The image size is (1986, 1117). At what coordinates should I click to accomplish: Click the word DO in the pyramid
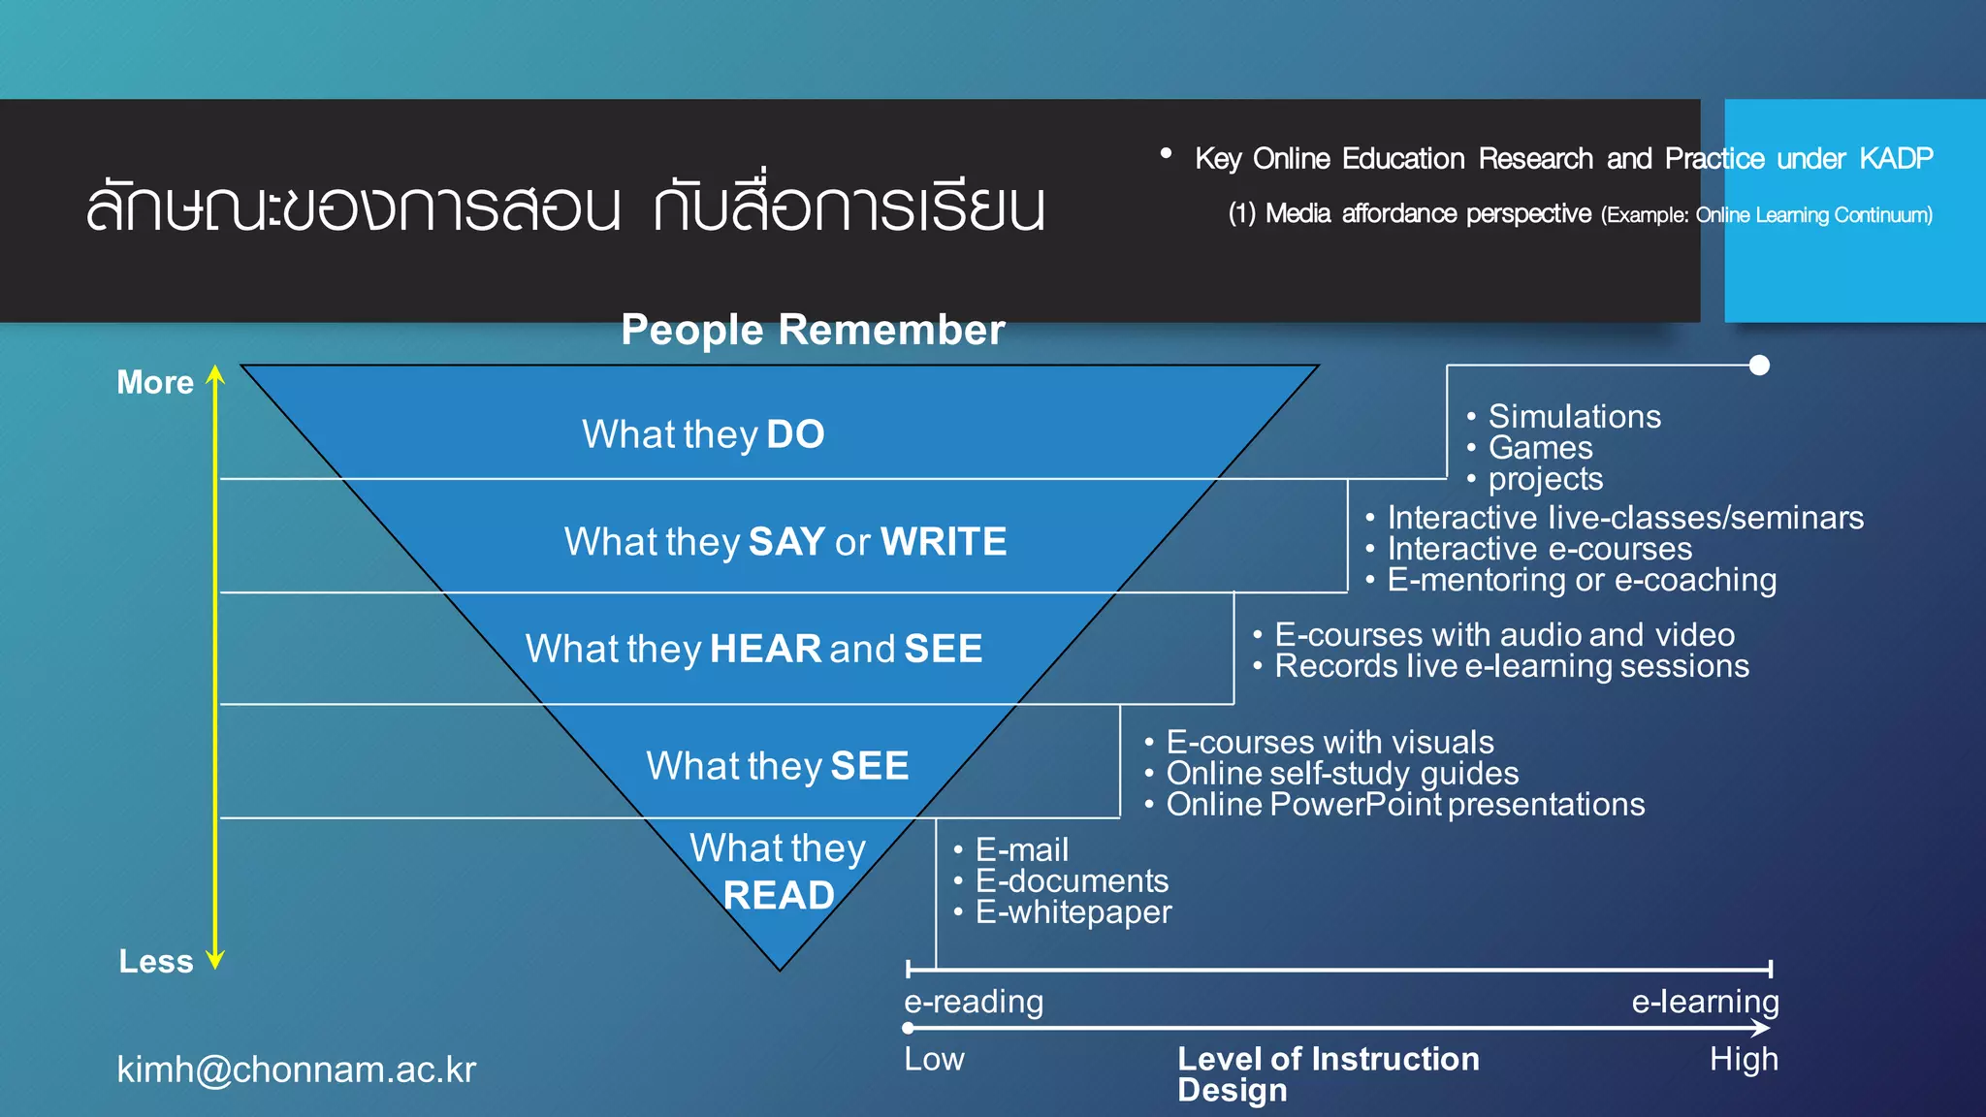click(795, 434)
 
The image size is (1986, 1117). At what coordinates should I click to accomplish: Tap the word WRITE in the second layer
click(944, 542)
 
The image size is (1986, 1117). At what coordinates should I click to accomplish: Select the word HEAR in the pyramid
click(765, 649)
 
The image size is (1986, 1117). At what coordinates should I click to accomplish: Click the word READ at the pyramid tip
click(779, 895)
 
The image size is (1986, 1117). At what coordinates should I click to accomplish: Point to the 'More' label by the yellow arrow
click(155, 382)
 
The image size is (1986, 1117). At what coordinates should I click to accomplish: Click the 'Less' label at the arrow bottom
click(156, 961)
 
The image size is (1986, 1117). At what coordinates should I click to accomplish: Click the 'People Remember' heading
click(813, 330)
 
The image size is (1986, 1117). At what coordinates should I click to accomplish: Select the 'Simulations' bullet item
click(1574, 417)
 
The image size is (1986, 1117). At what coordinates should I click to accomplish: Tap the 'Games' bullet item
click(1540, 448)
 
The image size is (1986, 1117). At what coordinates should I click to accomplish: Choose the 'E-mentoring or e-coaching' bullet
click(1581, 580)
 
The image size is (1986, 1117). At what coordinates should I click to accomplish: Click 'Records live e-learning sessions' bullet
click(1511, 666)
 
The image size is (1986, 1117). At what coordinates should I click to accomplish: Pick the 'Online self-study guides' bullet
click(1341, 774)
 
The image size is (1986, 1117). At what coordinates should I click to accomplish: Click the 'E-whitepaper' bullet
click(1073, 912)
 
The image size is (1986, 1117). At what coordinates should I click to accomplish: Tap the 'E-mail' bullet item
click(1021, 850)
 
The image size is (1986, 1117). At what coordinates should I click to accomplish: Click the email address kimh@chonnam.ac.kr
click(297, 1069)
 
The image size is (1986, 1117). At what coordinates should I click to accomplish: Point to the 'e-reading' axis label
click(974, 1001)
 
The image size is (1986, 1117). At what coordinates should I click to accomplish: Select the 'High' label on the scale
click(1744, 1059)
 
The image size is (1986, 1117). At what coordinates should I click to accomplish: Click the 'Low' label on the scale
click(934, 1059)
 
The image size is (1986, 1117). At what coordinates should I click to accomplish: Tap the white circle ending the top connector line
click(1759, 366)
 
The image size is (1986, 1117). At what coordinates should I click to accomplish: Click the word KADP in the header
click(1896, 158)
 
